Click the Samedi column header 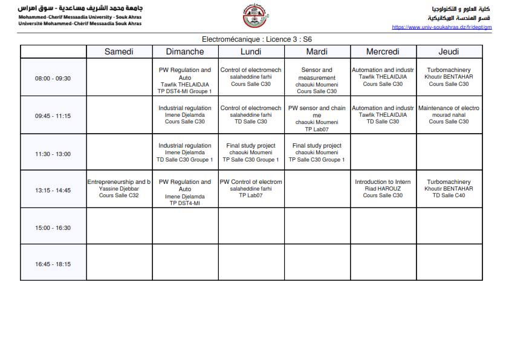(x=118, y=52)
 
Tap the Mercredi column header (x=383, y=52)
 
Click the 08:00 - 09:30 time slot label (x=53, y=78)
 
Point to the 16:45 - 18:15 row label (x=53, y=264)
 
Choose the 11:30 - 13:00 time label (x=53, y=154)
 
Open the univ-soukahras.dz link (x=441, y=27)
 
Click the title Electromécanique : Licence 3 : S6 (x=256, y=39)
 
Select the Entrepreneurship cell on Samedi (x=118, y=189)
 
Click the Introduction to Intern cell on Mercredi (x=383, y=189)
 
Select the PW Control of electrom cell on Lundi (x=251, y=189)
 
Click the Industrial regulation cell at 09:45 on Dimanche (x=185, y=115)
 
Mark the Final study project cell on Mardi (x=317, y=152)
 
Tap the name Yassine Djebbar (x=118, y=189)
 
